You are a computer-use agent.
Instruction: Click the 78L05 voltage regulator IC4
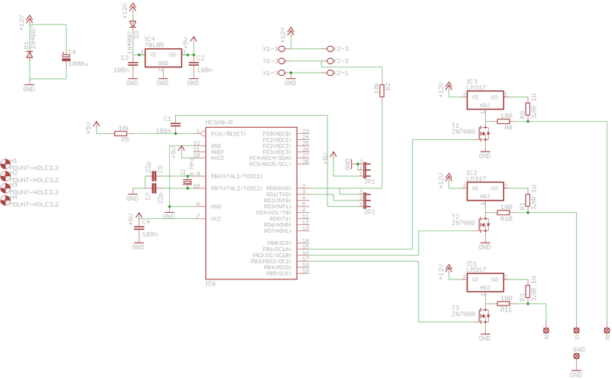[x=161, y=56]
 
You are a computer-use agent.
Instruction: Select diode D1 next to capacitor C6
[x=29, y=54]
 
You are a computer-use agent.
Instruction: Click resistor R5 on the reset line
[x=121, y=133]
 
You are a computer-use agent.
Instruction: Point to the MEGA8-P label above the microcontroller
[x=220, y=123]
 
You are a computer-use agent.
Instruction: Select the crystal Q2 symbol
[x=186, y=181]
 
